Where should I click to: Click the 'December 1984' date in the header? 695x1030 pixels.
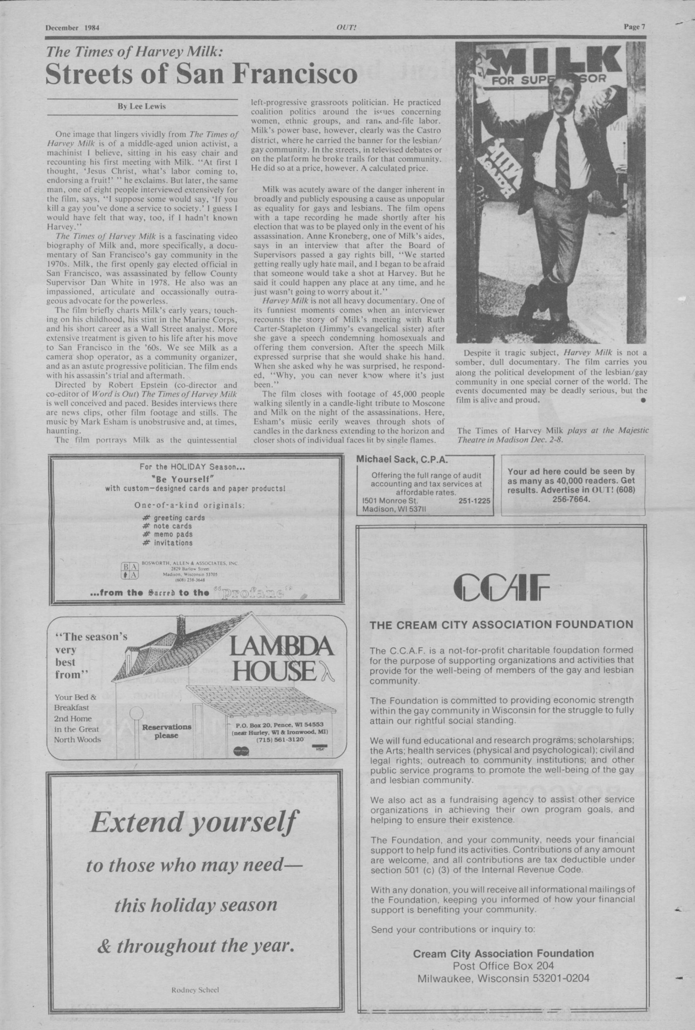pyautogui.click(x=72, y=27)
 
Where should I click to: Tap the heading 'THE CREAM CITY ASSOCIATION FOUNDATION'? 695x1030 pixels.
pyautogui.click(x=501, y=625)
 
